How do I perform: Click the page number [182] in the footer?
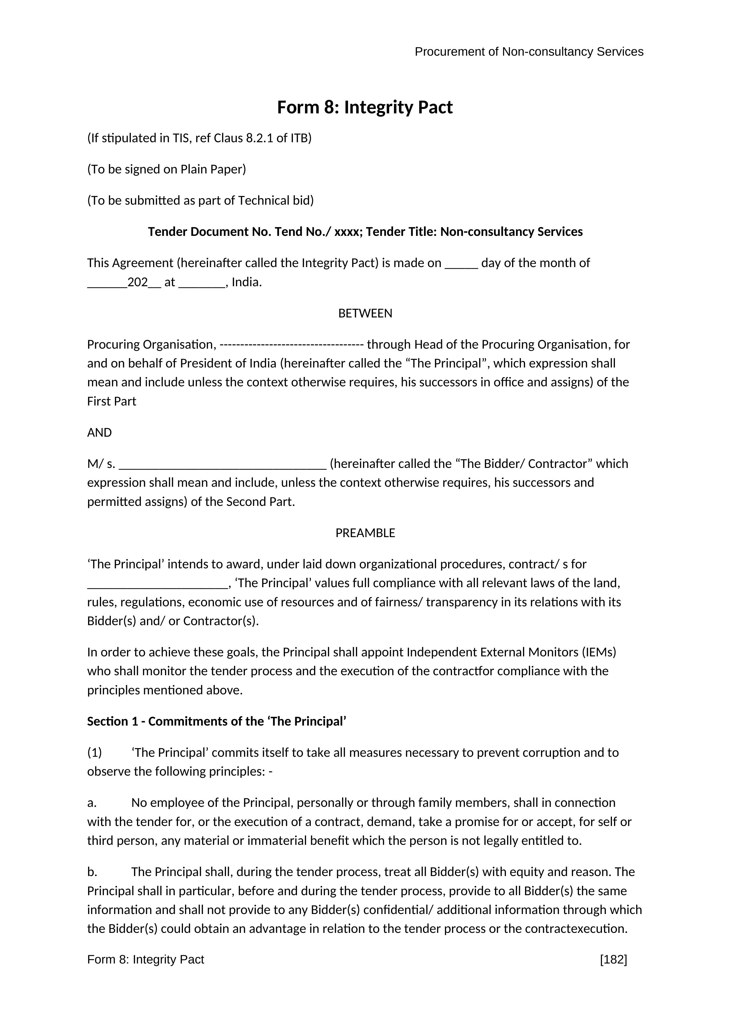click(613, 960)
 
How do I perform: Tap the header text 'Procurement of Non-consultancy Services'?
click(529, 52)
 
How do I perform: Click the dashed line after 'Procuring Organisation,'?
click(292, 345)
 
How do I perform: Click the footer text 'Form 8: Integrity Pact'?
click(145, 960)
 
